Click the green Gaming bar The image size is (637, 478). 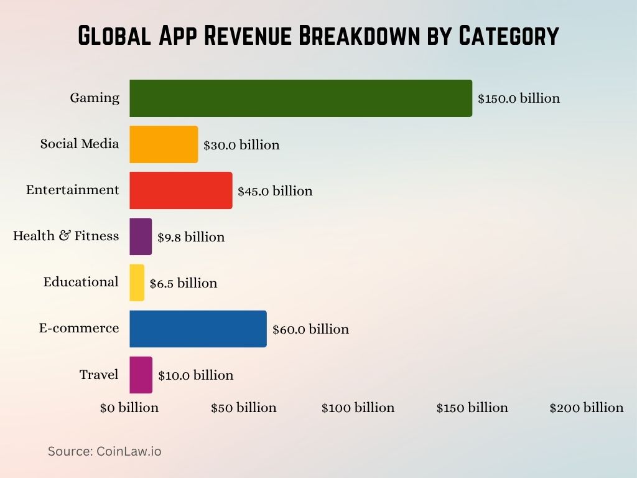[x=300, y=98]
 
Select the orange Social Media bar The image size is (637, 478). [x=164, y=144]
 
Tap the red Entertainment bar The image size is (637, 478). [x=180, y=190]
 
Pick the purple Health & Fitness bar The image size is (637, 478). [x=141, y=237]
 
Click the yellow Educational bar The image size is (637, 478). [x=137, y=283]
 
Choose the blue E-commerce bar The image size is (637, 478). [x=198, y=329]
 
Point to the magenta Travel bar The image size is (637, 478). [x=141, y=375]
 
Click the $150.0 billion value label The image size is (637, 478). [x=519, y=98]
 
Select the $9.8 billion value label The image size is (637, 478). [x=191, y=237]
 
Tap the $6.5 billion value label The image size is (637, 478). [x=184, y=283]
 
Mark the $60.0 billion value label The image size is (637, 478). [x=310, y=329]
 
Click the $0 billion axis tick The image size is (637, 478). [x=129, y=408]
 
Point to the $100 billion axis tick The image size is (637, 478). [x=358, y=408]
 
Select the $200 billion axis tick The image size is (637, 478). [x=587, y=408]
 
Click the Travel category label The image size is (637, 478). [x=99, y=375]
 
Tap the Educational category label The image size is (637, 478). [x=81, y=282]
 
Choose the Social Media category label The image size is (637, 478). [x=80, y=144]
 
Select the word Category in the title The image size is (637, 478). [x=508, y=36]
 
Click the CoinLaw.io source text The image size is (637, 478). [x=129, y=451]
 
